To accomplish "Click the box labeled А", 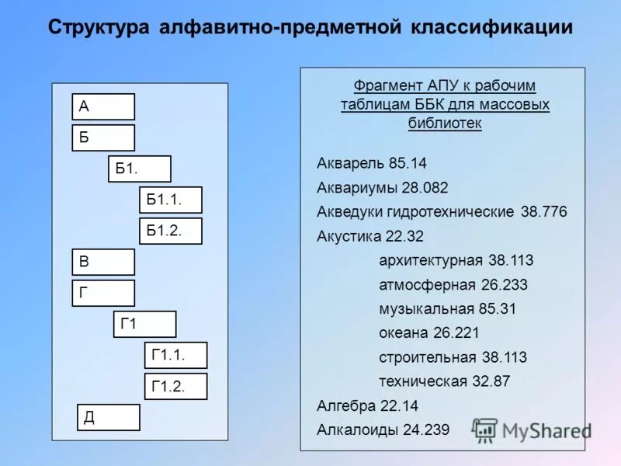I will coord(103,107).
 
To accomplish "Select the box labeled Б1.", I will coord(139,169).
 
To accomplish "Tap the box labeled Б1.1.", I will coord(170,200).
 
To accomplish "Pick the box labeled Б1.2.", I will coord(170,231).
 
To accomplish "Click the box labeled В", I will coord(103,262).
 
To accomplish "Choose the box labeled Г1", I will coord(145,324).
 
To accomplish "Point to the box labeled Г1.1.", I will coord(175,355).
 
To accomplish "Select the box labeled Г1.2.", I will coord(175,386).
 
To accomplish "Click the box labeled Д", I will coord(109,417).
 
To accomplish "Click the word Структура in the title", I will coord(99,29).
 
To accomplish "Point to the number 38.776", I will coord(543,212).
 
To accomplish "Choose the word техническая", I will coord(423,381).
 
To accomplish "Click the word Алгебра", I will coord(346,405).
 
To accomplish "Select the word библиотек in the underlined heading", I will coord(445,123).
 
